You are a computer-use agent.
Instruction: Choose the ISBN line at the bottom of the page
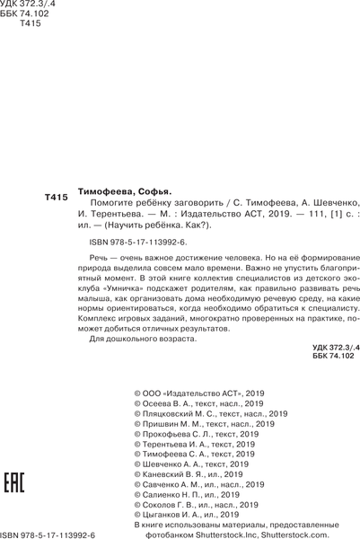pyautogui.click(x=54, y=533)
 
